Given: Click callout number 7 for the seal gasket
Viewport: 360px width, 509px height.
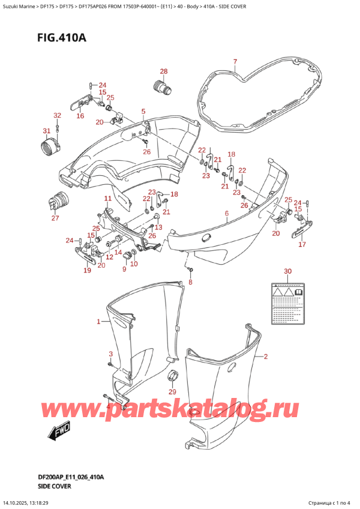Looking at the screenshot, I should click(x=235, y=62).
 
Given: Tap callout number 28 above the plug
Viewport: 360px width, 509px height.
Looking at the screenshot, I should click(x=163, y=72).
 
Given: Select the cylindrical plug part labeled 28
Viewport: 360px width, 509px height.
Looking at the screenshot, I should click(x=163, y=88).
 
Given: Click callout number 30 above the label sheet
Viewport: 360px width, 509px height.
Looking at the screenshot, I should click(x=287, y=271).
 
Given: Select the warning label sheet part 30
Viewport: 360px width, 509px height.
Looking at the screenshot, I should click(x=287, y=298).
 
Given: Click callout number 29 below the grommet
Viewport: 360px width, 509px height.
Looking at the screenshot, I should click(x=173, y=392).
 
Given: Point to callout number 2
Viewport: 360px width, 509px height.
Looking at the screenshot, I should click(x=265, y=357).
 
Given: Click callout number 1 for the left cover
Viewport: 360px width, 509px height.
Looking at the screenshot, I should click(x=99, y=322).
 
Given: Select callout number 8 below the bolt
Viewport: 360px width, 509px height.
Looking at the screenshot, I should click(x=191, y=282).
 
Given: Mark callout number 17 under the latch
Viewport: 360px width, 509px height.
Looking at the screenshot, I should click(x=302, y=244).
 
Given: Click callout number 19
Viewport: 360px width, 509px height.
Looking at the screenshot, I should click(x=87, y=271).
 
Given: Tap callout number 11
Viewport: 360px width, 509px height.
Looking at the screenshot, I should click(x=107, y=199).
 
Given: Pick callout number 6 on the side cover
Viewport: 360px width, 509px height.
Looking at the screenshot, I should click(x=226, y=214).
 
